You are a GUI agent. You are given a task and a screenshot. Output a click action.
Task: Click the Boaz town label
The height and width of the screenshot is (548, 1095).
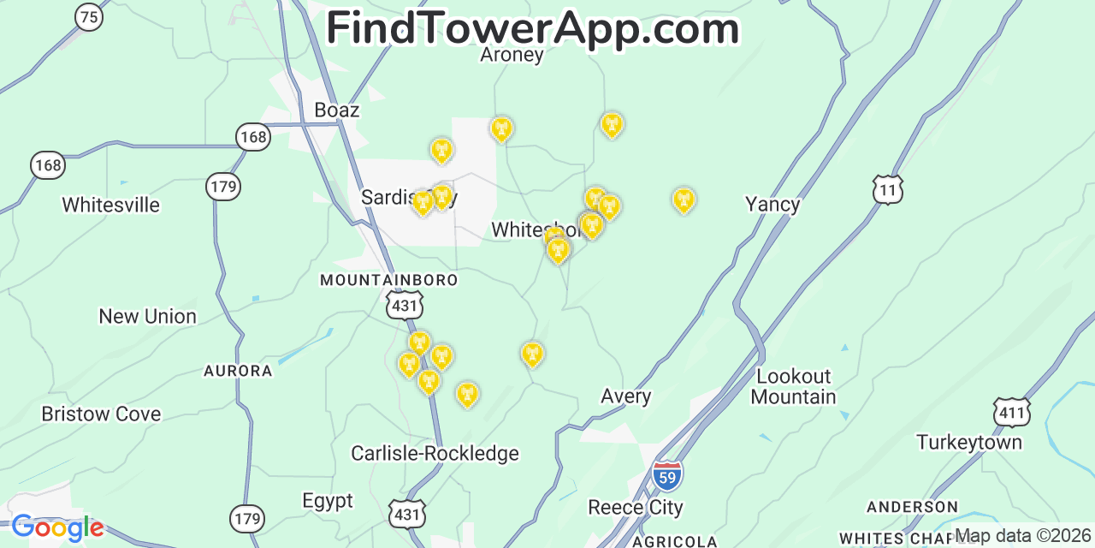click(x=336, y=110)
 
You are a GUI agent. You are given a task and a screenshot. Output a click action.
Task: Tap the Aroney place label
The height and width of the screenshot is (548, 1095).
click(x=512, y=55)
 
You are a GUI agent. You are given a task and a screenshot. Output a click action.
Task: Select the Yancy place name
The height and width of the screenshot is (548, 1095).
click(x=772, y=204)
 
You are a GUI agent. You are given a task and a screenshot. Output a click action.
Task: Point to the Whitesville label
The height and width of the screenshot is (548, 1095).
click(x=110, y=205)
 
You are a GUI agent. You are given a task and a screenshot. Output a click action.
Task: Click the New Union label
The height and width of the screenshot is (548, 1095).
click(x=147, y=317)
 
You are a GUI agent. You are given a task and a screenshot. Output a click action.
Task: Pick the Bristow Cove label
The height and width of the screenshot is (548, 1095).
click(x=101, y=414)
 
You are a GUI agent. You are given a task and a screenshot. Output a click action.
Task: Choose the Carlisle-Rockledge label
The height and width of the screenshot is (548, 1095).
click(x=435, y=454)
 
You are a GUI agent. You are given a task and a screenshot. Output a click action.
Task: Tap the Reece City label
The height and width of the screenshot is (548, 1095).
click(x=635, y=508)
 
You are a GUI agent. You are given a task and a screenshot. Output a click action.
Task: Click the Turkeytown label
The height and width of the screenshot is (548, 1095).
click(x=968, y=443)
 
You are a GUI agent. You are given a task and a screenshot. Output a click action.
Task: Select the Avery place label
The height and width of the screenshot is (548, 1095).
click(x=625, y=396)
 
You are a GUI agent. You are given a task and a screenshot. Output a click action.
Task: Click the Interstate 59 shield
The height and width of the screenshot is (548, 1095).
click(x=667, y=475)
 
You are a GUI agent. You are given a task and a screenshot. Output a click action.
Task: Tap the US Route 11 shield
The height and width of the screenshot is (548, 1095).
click(x=888, y=189)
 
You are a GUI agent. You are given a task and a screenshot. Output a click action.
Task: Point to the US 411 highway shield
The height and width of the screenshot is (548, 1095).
click(x=1010, y=412)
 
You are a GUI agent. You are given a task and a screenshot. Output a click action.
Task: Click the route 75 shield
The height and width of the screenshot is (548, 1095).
click(x=89, y=16)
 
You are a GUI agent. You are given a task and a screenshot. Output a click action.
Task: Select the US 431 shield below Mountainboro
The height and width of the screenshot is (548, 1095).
click(x=404, y=305)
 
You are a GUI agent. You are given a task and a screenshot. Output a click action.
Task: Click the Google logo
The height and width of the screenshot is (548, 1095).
click(x=56, y=528)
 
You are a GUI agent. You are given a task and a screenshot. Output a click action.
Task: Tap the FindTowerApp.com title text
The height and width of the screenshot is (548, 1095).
click(x=532, y=29)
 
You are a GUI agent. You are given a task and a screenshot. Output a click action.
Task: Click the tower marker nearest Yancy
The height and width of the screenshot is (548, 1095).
click(x=683, y=200)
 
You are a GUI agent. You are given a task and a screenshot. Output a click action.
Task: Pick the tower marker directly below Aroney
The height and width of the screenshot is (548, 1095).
click(x=501, y=129)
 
